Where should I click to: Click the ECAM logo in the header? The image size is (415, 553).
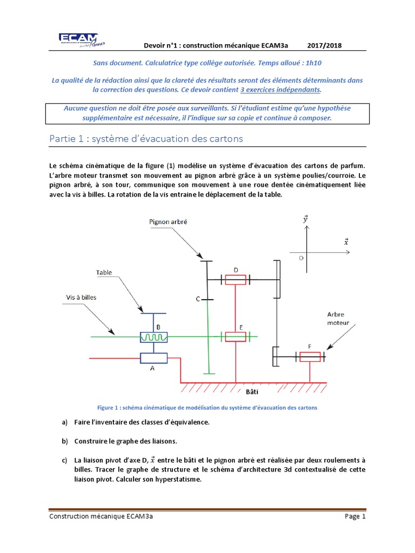pyautogui.click(x=82, y=40)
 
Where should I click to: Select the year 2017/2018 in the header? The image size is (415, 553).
pyautogui.click(x=324, y=45)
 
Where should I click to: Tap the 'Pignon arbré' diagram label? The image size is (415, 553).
pyautogui.click(x=168, y=222)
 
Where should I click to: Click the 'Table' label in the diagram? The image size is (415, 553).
pyautogui.click(x=104, y=273)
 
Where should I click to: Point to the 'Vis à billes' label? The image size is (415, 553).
pyautogui.click(x=81, y=298)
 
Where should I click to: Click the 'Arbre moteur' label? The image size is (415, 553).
pyautogui.click(x=338, y=319)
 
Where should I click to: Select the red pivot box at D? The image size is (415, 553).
pyautogui.click(x=236, y=280)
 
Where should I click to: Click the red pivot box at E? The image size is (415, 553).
pyautogui.click(x=236, y=337)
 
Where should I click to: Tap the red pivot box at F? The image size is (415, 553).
pyautogui.click(x=310, y=357)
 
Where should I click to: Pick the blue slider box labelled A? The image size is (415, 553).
pyautogui.click(x=153, y=358)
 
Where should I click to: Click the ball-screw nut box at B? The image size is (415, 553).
pyautogui.click(x=153, y=337)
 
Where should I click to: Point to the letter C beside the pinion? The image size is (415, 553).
pyautogui.click(x=198, y=299)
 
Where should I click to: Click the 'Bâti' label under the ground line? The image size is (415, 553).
pyautogui.click(x=252, y=392)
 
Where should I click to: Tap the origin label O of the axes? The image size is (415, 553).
pyautogui.click(x=301, y=258)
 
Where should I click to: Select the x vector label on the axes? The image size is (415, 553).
pyautogui.click(x=346, y=242)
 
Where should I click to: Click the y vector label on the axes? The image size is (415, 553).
pyautogui.click(x=306, y=219)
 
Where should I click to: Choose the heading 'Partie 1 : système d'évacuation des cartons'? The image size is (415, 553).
pyautogui.click(x=146, y=139)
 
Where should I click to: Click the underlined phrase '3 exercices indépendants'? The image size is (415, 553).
pyautogui.click(x=280, y=90)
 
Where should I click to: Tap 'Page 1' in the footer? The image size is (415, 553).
pyautogui.click(x=355, y=516)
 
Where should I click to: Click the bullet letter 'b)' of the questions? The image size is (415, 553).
pyautogui.click(x=65, y=441)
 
